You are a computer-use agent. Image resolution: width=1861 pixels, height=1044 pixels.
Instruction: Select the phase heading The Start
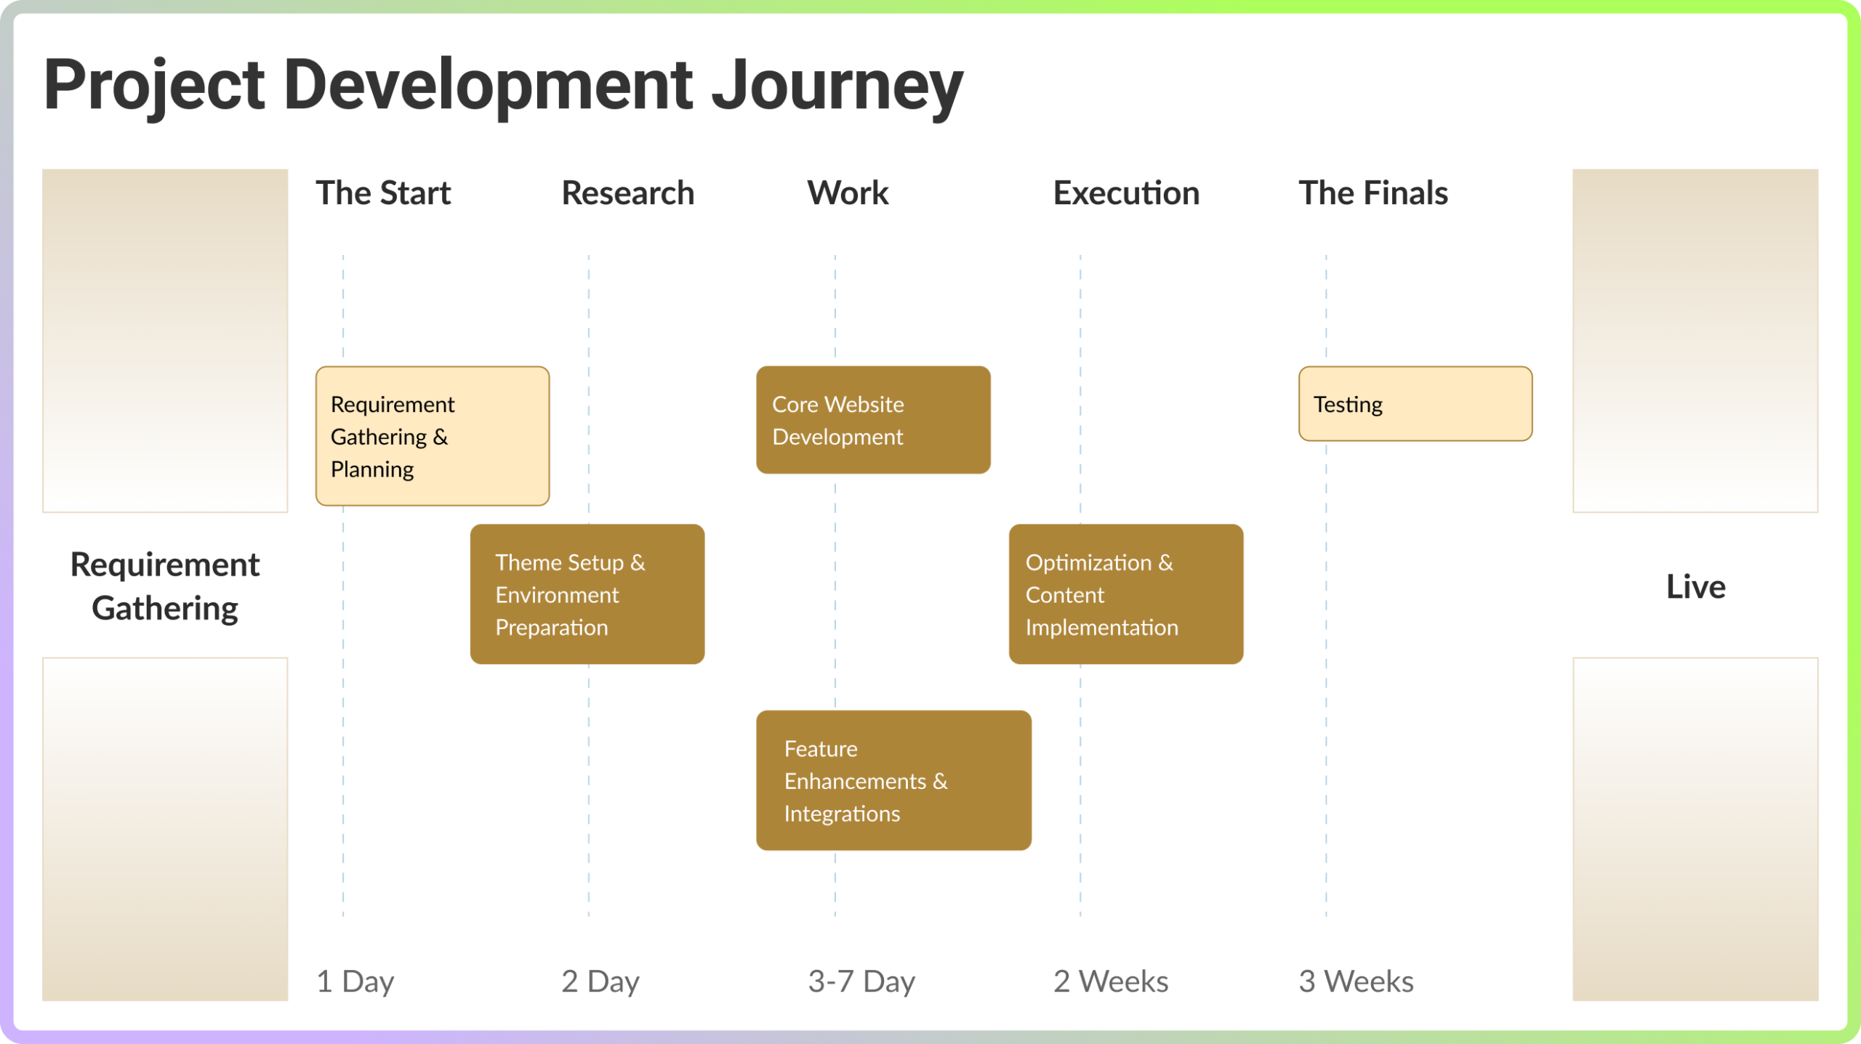pyautogui.click(x=383, y=193)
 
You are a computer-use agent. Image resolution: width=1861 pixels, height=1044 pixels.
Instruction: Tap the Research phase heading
pyautogui.click(x=627, y=193)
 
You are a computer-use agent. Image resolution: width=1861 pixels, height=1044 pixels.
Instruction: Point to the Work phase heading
pyautogui.click(x=848, y=193)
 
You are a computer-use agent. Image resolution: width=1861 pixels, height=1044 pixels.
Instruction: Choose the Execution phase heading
pyautogui.click(x=1126, y=193)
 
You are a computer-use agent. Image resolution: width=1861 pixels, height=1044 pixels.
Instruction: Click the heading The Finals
pyautogui.click(x=1373, y=193)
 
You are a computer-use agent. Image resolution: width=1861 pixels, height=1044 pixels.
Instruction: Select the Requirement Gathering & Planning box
pyautogui.click(x=433, y=436)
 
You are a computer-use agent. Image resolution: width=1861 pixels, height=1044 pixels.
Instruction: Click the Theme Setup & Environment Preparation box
pyautogui.click(x=587, y=594)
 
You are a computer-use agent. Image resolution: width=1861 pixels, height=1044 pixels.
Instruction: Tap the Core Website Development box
pyautogui.click(x=873, y=420)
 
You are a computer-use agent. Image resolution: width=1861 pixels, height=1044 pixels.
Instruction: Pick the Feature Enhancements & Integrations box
pyautogui.click(x=893, y=780)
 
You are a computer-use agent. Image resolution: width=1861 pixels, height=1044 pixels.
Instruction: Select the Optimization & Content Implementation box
pyautogui.click(x=1126, y=594)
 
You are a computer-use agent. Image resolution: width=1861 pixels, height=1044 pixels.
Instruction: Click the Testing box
pyautogui.click(x=1415, y=404)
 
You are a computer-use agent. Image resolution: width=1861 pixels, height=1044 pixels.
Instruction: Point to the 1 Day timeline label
pyautogui.click(x=355, y=982)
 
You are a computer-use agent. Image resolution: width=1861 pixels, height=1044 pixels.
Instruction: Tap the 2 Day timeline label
pyautogui.click(x=600, y=982)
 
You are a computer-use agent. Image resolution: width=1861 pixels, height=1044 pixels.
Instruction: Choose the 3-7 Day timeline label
pyautogui.click(x=861, y=982)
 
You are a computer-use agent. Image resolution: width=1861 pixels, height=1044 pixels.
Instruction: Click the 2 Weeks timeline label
pyautogui.click(x=1111, y=982)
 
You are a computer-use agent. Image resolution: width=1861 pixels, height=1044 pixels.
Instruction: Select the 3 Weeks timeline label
pyautogui.click(x=1356, y=982)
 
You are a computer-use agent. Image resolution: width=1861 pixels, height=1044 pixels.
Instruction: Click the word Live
pyautogui.click(x=1695, y=587)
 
